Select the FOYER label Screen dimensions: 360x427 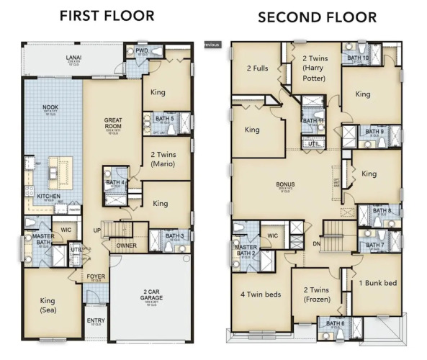[x=95, y=276]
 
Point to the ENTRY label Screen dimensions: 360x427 [x=95, y=320]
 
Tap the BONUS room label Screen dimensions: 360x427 [x=287, y=184]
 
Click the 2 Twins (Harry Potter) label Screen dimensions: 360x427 [x=315, y=68]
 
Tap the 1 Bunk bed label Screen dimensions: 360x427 [x=377, y=283]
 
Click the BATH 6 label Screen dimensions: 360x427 [x=336, y=324]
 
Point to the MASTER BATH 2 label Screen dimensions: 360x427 [x=246, y=249]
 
